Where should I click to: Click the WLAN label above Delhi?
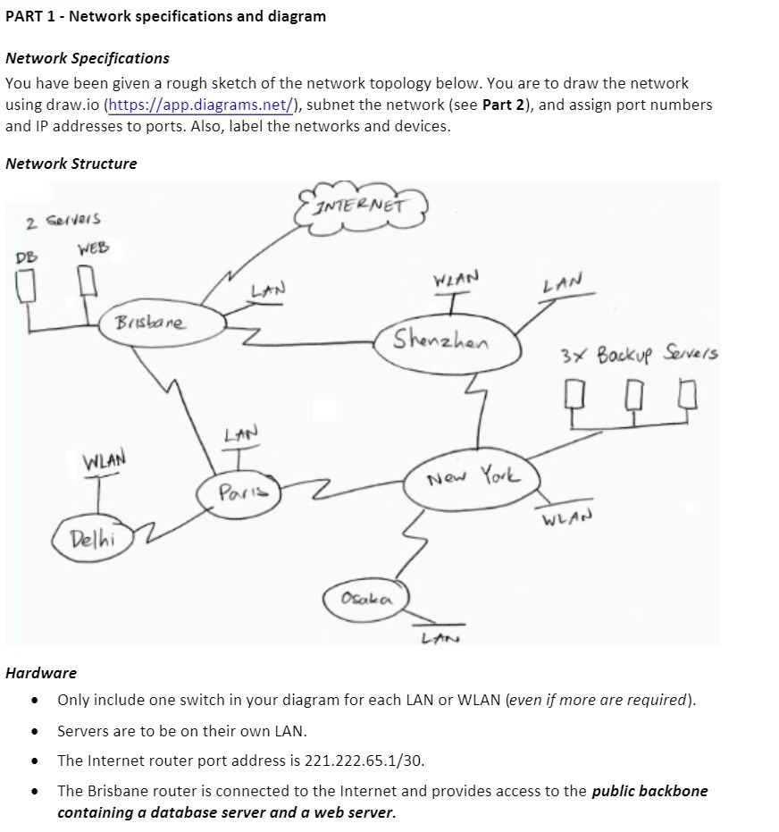(104, 460)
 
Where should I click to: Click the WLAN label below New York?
(566, 517)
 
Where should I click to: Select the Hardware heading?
(40, 672)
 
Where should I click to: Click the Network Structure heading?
(71, 164)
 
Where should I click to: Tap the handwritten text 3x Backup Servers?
(639, 353)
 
